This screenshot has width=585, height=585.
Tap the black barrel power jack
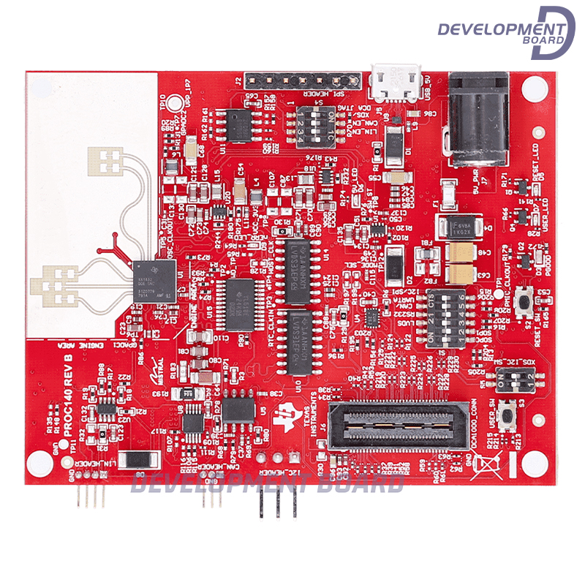pos(478,117)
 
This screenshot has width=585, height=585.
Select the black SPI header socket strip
pos(303,80)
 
